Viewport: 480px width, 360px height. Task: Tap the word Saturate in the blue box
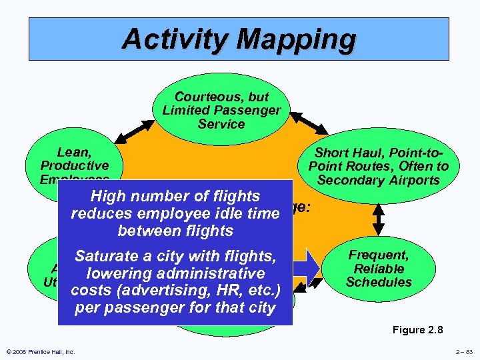pos(106,255)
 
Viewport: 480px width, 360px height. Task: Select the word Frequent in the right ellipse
pos(379,255)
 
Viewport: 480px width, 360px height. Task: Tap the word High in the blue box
pos(109,196)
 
